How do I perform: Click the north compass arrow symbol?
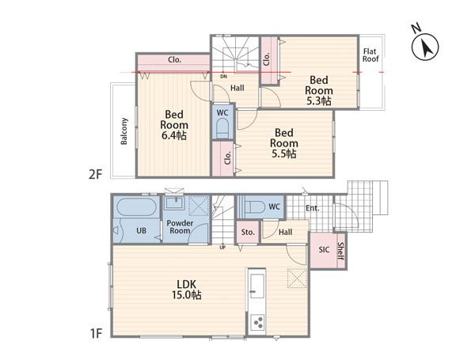[425, 47]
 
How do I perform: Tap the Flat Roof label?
[370, 55]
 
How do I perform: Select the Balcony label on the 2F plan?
[124, 131]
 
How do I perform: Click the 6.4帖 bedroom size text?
[174, 135]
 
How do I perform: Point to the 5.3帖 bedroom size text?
[319, 100]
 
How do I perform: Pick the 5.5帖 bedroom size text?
[284, 153]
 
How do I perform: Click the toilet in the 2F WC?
[222, 128]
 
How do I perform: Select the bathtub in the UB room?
[137, 207]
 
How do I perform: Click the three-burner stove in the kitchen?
[257, 323]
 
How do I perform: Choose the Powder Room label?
[180, 227]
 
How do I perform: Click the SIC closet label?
[324, 250]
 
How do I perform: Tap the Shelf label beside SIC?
[340, 252]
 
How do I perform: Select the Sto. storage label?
[248, 233]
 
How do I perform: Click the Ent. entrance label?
[313, 208]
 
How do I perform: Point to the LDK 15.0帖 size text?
[187, 290]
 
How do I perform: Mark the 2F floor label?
[96, 174]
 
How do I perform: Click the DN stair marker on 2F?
[223, 77]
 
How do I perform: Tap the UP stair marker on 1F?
[222, 248]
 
